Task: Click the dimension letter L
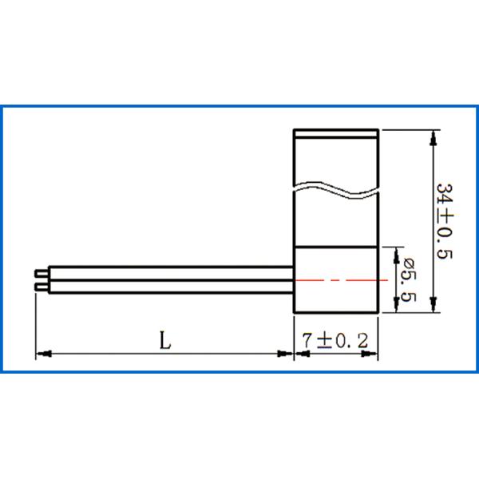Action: tap(164, 341)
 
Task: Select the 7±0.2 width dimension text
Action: tap(335, 341)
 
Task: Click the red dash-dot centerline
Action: tap(343, 281)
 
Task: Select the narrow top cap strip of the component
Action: tap(335, 134)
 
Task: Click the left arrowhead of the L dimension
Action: tap(42, 353)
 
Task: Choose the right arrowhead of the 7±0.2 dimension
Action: tap(370, 353)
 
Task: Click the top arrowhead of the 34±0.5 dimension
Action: tap(433, 137)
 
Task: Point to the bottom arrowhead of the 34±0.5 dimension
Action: tap(433, 305)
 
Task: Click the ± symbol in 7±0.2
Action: tap(323, 341)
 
